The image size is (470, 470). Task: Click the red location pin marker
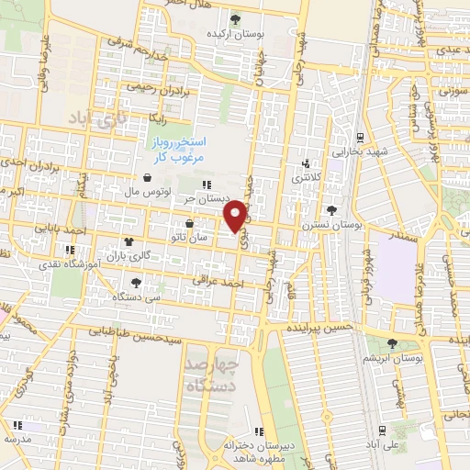point(236,215)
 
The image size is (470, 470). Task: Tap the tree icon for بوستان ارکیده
point(235,17)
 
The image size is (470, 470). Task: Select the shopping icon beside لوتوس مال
point(148,178)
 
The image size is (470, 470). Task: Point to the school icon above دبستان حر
point(218,185)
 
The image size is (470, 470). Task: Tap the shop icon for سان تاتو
point(189,223)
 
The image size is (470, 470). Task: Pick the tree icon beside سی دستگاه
point(136,283)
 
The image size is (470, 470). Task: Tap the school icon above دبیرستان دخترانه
point(260,431)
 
